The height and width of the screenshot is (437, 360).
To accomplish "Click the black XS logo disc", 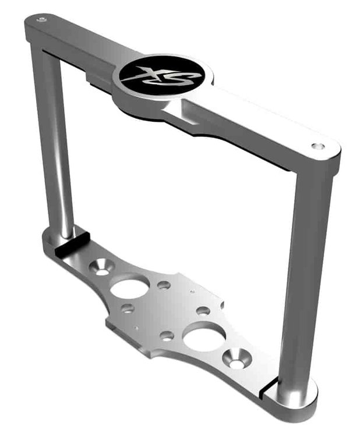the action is pyautogui.click(x=162, y=75).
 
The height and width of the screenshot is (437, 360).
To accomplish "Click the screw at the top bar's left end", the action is pyautogui.click(x=41, y=19).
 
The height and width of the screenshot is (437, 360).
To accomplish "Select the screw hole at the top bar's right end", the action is pyautogui.click(x=317, y=146).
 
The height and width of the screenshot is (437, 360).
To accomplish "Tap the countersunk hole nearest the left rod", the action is pyautogui.click(x=102, y=267).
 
